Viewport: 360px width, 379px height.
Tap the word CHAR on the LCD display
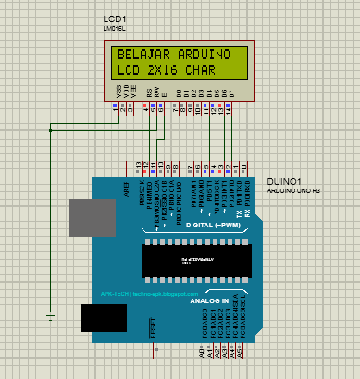(x=212, y=70)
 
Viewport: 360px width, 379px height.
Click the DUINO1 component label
(x=282, y=181)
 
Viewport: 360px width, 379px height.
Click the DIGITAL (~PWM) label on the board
(x=215, y=225)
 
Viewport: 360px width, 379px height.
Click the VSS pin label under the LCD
(x=118, y=92)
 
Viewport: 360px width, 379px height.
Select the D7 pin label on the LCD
(x=231, y=93)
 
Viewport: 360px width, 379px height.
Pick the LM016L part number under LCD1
(x=113, y=29)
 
